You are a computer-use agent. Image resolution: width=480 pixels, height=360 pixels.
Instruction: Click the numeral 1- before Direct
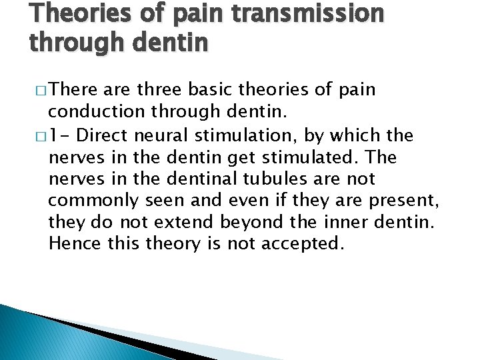58,136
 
